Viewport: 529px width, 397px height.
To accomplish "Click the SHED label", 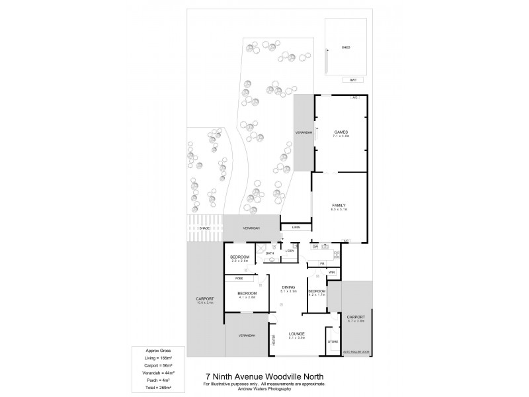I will [x=345, y=48].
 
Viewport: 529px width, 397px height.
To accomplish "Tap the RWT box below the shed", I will [x=353, y=80].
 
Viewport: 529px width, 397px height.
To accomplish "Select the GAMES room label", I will [x=341, y=132].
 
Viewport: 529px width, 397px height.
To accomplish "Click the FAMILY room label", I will [x=339, y=205].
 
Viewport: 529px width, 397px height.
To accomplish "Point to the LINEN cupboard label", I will [x=296, y=228].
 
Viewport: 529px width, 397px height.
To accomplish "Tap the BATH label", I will [x=270, y=253].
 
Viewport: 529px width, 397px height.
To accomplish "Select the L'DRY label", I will [x=290, y=251].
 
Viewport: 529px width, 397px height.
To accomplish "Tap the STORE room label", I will [x=333, y=341].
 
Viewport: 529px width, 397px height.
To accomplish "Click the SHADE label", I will [x=205, y=228].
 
